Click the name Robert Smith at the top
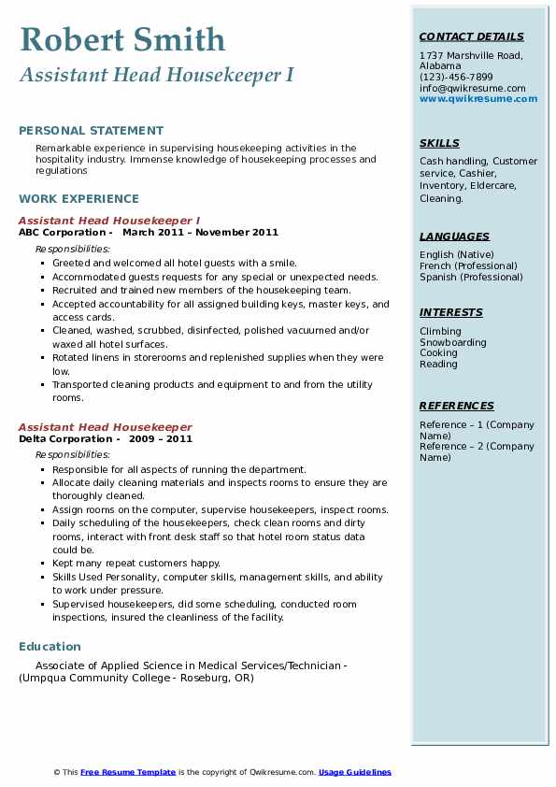122,39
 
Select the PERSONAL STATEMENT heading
91,131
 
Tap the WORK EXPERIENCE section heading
78,198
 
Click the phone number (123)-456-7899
456,78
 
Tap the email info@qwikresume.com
472,88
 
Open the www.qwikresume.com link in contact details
478,98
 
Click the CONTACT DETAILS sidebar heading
471,37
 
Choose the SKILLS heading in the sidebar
439,143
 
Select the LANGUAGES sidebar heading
454,236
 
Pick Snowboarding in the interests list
452,342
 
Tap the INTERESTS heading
450,312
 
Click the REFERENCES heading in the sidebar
456,406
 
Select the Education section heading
50,647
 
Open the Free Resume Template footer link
128,772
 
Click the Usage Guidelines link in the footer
354,772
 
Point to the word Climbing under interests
440,331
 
